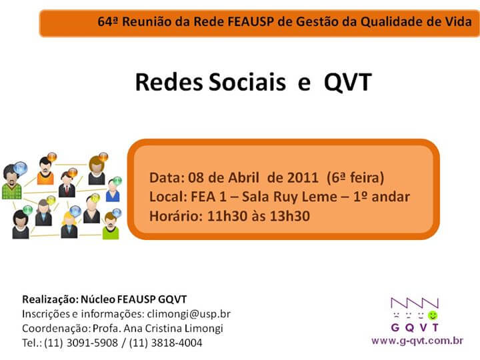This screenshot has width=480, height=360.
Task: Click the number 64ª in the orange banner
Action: click(x=108, y=22)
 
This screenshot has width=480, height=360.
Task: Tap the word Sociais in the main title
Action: click(x=247, y=82)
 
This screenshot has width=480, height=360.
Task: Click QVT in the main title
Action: click(x=348, y=83)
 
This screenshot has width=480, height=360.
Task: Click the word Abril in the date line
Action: click(x=244, y=177)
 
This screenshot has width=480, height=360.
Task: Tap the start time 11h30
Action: click(x=227, y=216)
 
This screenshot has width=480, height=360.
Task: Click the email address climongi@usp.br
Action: click(x=189, y=314)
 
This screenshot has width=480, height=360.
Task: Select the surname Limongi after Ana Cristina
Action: click(x=204, y=329)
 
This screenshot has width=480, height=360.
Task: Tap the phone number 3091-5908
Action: click(x=92, y=343)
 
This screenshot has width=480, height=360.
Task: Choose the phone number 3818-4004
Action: click(x=177, y=343)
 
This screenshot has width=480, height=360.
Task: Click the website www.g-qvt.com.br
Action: click(x=417, y=341)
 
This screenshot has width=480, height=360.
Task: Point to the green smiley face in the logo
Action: click(x=433, y=315)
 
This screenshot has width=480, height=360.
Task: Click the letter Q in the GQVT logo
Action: click(x=409, y=328)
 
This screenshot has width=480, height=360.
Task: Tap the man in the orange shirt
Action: click(x=45, y=171)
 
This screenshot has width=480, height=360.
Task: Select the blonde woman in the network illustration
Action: click(x=69, y=225)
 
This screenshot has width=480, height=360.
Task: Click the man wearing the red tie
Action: click(x=67, y=184)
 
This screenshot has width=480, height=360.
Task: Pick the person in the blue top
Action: click(x=113, y=191)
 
